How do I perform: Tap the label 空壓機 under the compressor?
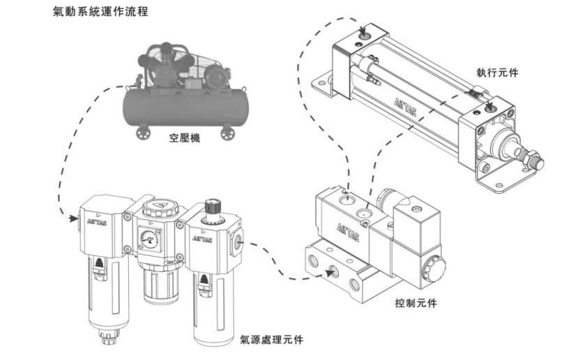coord(185,139)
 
